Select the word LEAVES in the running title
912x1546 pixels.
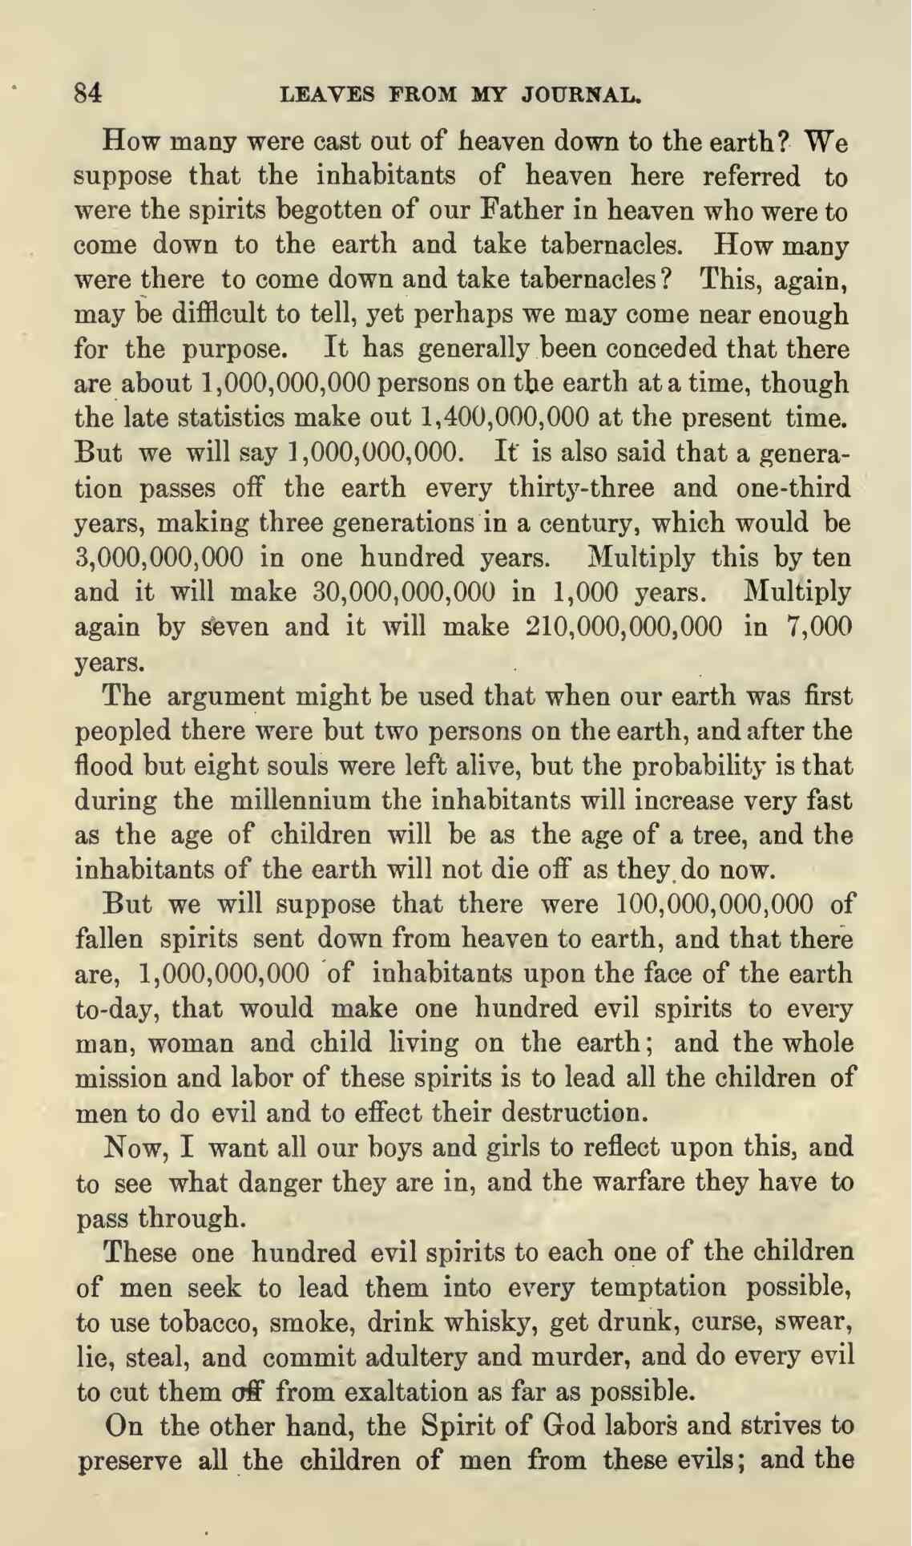(327, 95)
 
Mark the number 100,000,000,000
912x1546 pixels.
(717, 903)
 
